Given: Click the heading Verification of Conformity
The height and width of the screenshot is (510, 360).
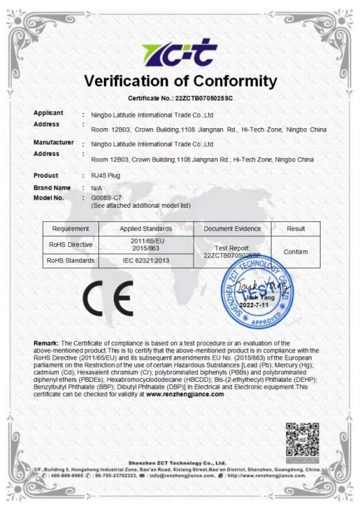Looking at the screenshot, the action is coord(180,82).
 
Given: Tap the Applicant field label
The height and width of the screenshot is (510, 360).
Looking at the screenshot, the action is coord(48,113).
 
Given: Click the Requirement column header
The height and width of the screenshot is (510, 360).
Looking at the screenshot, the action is coord(70,229).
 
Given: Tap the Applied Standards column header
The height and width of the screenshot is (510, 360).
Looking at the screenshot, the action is coord(146,229).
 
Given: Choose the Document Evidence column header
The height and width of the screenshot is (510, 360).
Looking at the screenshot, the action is coord(232,229).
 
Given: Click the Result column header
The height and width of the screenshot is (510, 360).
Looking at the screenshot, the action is coord(296,229).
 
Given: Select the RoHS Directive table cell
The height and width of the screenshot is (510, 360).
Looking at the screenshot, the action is coord(71,245).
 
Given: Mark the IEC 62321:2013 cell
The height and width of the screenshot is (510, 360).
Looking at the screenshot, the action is coord(146,261).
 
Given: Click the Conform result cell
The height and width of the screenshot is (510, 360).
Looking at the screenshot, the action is coord(296,252).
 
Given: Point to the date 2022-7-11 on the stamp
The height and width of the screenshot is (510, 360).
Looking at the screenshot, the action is coord(258,305).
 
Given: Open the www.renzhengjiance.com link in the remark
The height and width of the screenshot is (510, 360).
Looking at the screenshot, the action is coord(185,394).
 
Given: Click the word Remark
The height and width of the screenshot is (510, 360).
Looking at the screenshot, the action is coord(47,344).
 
